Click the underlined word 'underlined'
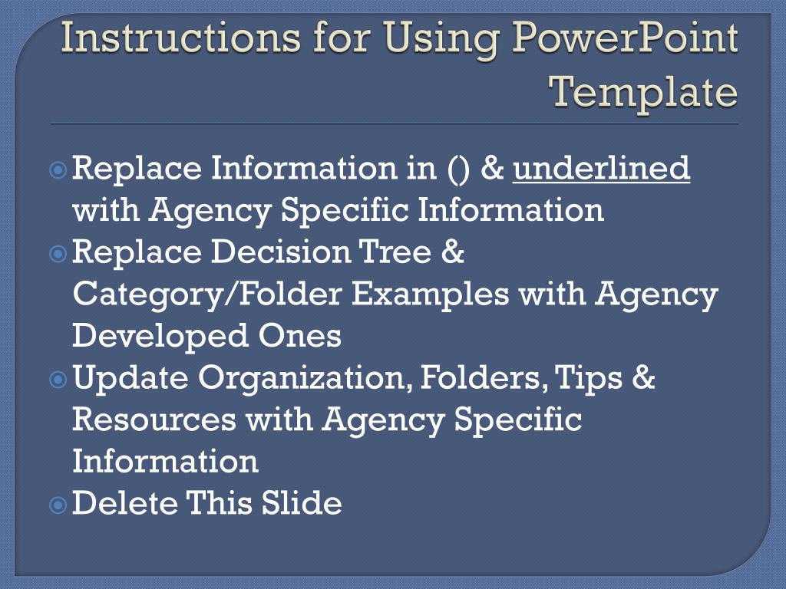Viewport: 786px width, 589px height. [602, 168]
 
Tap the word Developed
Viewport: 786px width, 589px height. [153, 337]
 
